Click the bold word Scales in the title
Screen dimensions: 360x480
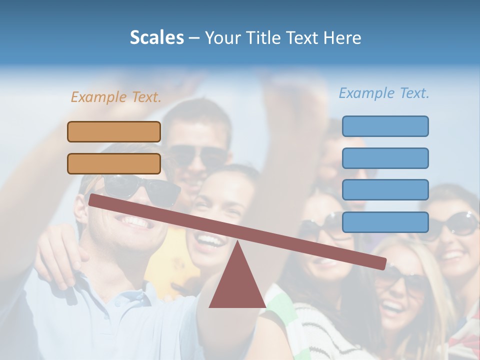coord(156,37)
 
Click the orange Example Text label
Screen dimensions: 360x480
coord(116,97)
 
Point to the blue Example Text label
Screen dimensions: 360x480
coord(384,93)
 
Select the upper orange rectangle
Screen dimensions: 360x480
coord(114,131)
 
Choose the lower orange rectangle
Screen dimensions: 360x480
coord(114,163)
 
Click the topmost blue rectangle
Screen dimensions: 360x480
coord(385,126)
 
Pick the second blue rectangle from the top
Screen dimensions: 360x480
coord(385,158)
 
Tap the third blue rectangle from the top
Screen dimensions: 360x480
coord(385,190)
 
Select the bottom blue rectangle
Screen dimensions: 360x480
coord(385,222)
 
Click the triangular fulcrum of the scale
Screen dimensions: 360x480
coord(237,282)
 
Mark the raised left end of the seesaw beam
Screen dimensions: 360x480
coord(93,199)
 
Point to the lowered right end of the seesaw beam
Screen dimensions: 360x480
coord(382,263)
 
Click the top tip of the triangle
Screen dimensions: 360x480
coord(237,242)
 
